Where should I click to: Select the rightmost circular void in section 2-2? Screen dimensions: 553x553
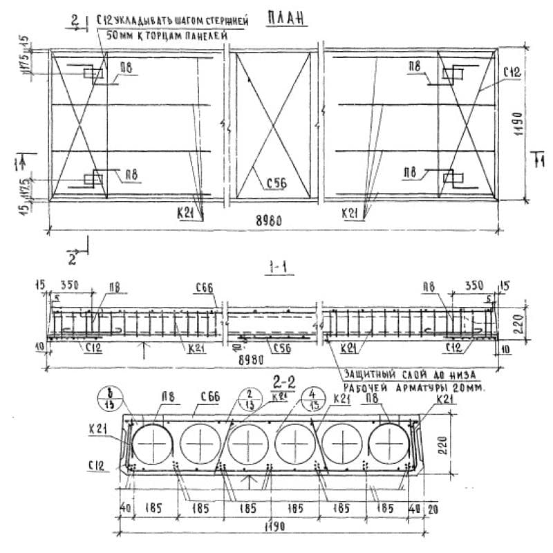(x=389, y=442)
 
